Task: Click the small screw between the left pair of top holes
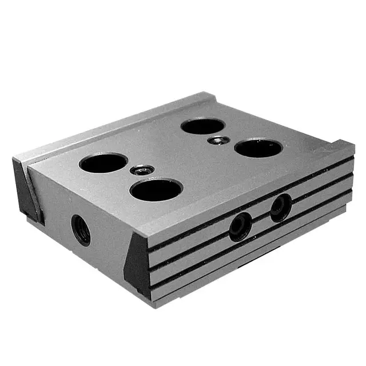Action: [141, 170]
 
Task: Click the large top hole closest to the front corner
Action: [156, 189]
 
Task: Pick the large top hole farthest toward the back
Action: [201, 126]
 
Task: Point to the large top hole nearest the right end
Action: [258, 149]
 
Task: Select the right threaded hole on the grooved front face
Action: [281, 206]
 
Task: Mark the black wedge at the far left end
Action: [26, 192]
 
